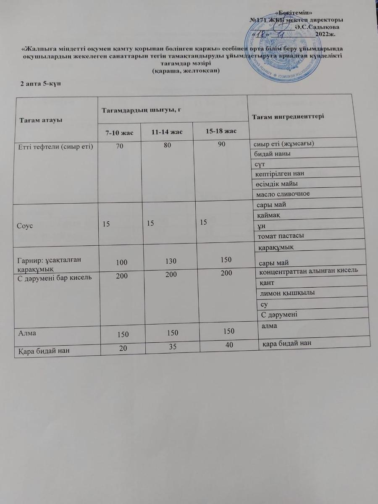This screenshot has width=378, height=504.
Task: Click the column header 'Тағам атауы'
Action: click(x=42, y=121)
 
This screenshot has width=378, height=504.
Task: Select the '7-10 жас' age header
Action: click(x=119, y=133)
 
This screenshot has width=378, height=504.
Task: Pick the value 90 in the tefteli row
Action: click(x=222, y=144)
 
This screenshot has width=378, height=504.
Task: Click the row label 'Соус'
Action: click(x=25, y=226)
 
